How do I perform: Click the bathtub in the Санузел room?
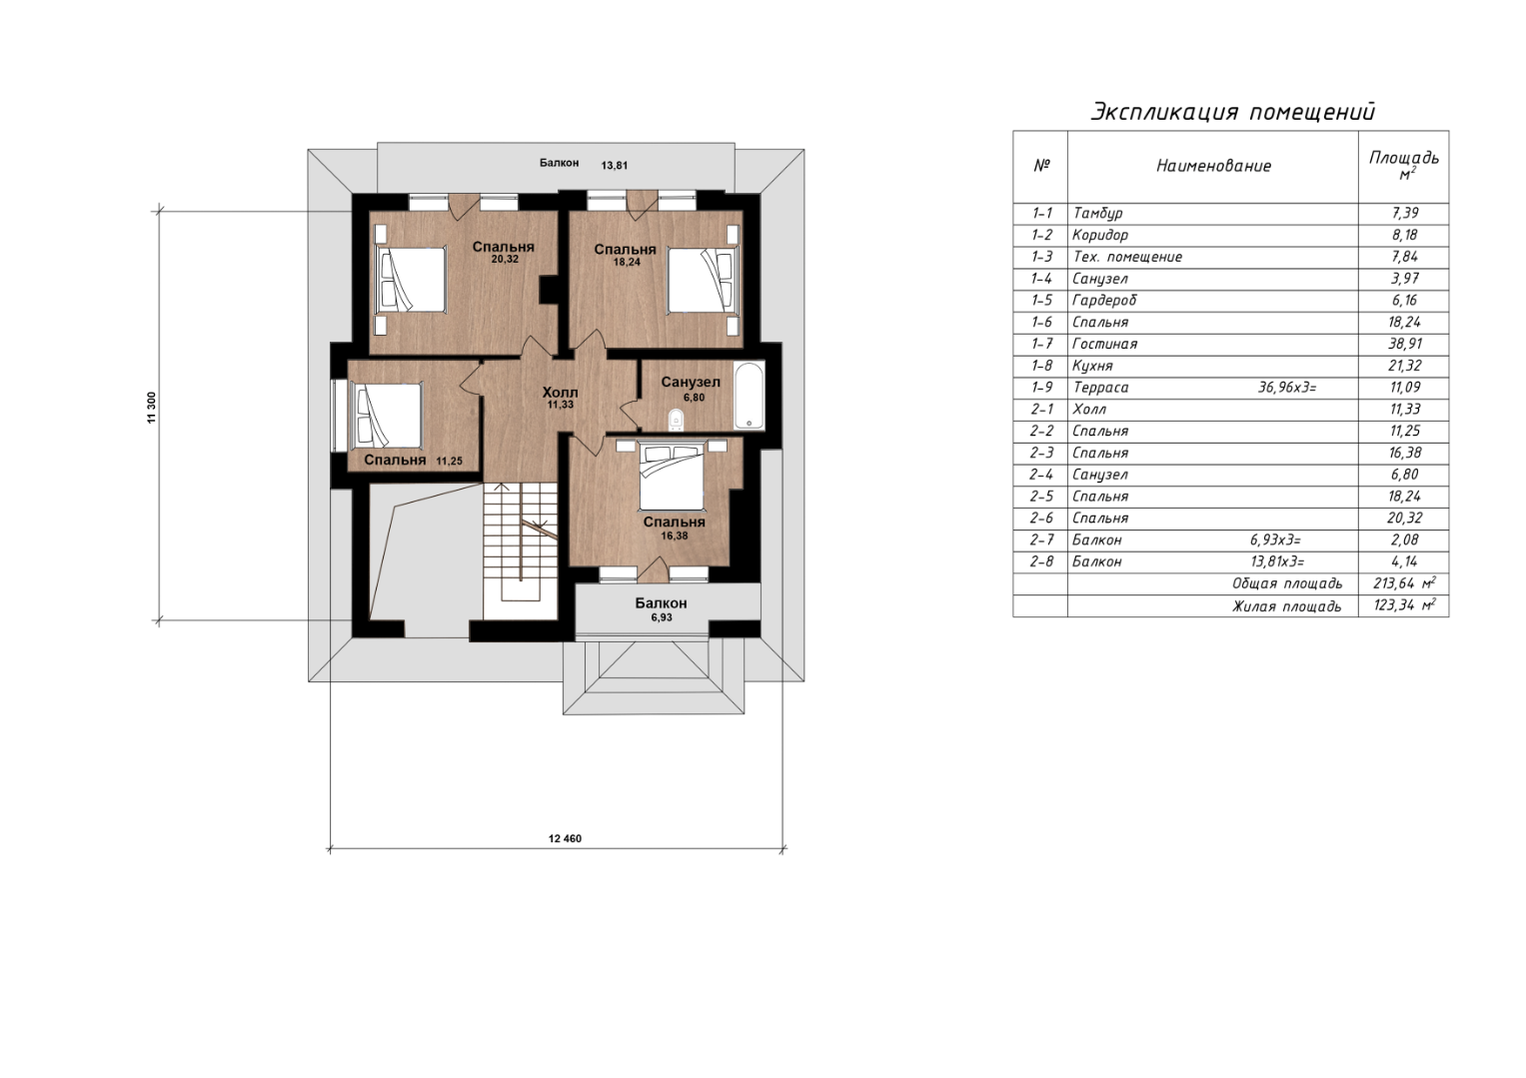click(x=750, y=396)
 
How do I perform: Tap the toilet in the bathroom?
click(x=676, y=421)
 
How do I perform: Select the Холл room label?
click(x=560, y=393)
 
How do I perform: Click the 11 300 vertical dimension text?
click(x=151, y=408)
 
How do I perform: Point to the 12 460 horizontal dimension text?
click(x=565, y=838)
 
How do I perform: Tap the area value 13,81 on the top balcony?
click(x=614, y=165)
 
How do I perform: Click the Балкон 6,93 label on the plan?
click(x=661, y=609)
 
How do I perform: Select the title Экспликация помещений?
click(x=1233, y=112)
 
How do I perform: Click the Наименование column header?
click(x=1213, y=166)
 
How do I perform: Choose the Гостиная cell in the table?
click(x=1104, y=344)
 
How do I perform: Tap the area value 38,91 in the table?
click(x=1404, y=344)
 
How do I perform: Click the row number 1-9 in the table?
click(x=1041, y=388)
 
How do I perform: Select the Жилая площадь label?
click(x=1287, y=606)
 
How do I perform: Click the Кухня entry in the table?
click(x=1092, y=366)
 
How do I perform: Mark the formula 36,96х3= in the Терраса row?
click(x=1287, y=388)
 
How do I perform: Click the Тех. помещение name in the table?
click(x=1127, y=257)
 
